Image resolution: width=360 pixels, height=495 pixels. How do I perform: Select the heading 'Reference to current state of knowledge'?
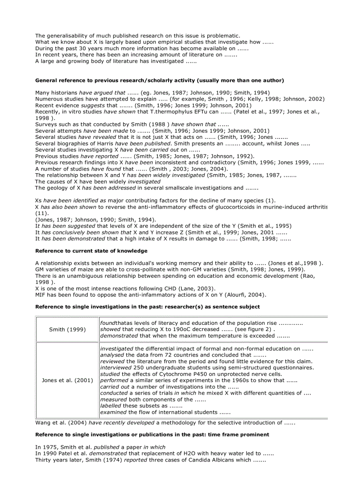tap(91, 251)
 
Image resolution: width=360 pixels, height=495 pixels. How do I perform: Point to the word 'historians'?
tap(64, 93)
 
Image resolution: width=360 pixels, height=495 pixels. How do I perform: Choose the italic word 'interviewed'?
tap(116, 368)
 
